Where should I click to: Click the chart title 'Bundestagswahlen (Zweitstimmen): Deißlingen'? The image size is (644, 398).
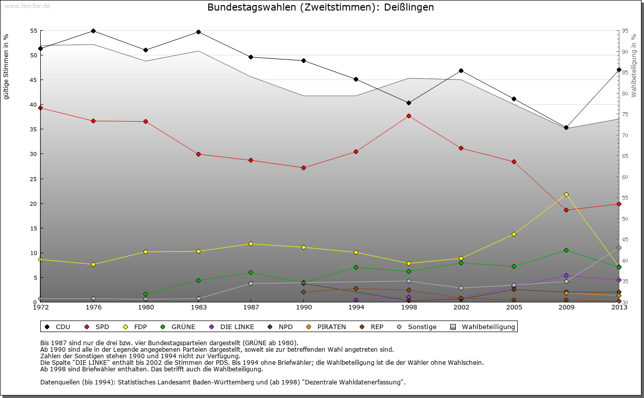click(320, 8)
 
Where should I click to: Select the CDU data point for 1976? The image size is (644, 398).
click(93, 31)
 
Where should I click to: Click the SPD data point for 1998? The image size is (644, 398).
click(409, 116)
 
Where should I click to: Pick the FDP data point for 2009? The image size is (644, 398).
click(566, 194)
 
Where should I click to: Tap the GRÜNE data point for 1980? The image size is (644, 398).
click(145, 294)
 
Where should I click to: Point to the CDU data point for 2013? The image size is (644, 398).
click(619, 69)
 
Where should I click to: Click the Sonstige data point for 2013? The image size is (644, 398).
click(619, 248)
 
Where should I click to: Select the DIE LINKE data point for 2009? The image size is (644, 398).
click(566, 275)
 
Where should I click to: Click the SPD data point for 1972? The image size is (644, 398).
click(40, 108)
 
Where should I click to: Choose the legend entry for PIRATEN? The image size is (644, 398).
click(327, 327)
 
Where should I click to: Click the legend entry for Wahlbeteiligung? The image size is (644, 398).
click(483, 327)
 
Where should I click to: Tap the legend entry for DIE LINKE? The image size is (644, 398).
click(232, 327)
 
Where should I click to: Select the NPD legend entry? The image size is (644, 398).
click(281, 327)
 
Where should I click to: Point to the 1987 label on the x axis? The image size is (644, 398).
click(251, 307)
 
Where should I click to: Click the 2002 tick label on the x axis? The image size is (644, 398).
click(461, 307)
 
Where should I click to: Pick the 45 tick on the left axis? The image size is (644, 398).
click(34, 80)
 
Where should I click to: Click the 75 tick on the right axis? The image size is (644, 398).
click(625, 115)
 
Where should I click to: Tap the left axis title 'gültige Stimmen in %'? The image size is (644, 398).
click(6, 66)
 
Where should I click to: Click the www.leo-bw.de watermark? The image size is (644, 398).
click(27, 6)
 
